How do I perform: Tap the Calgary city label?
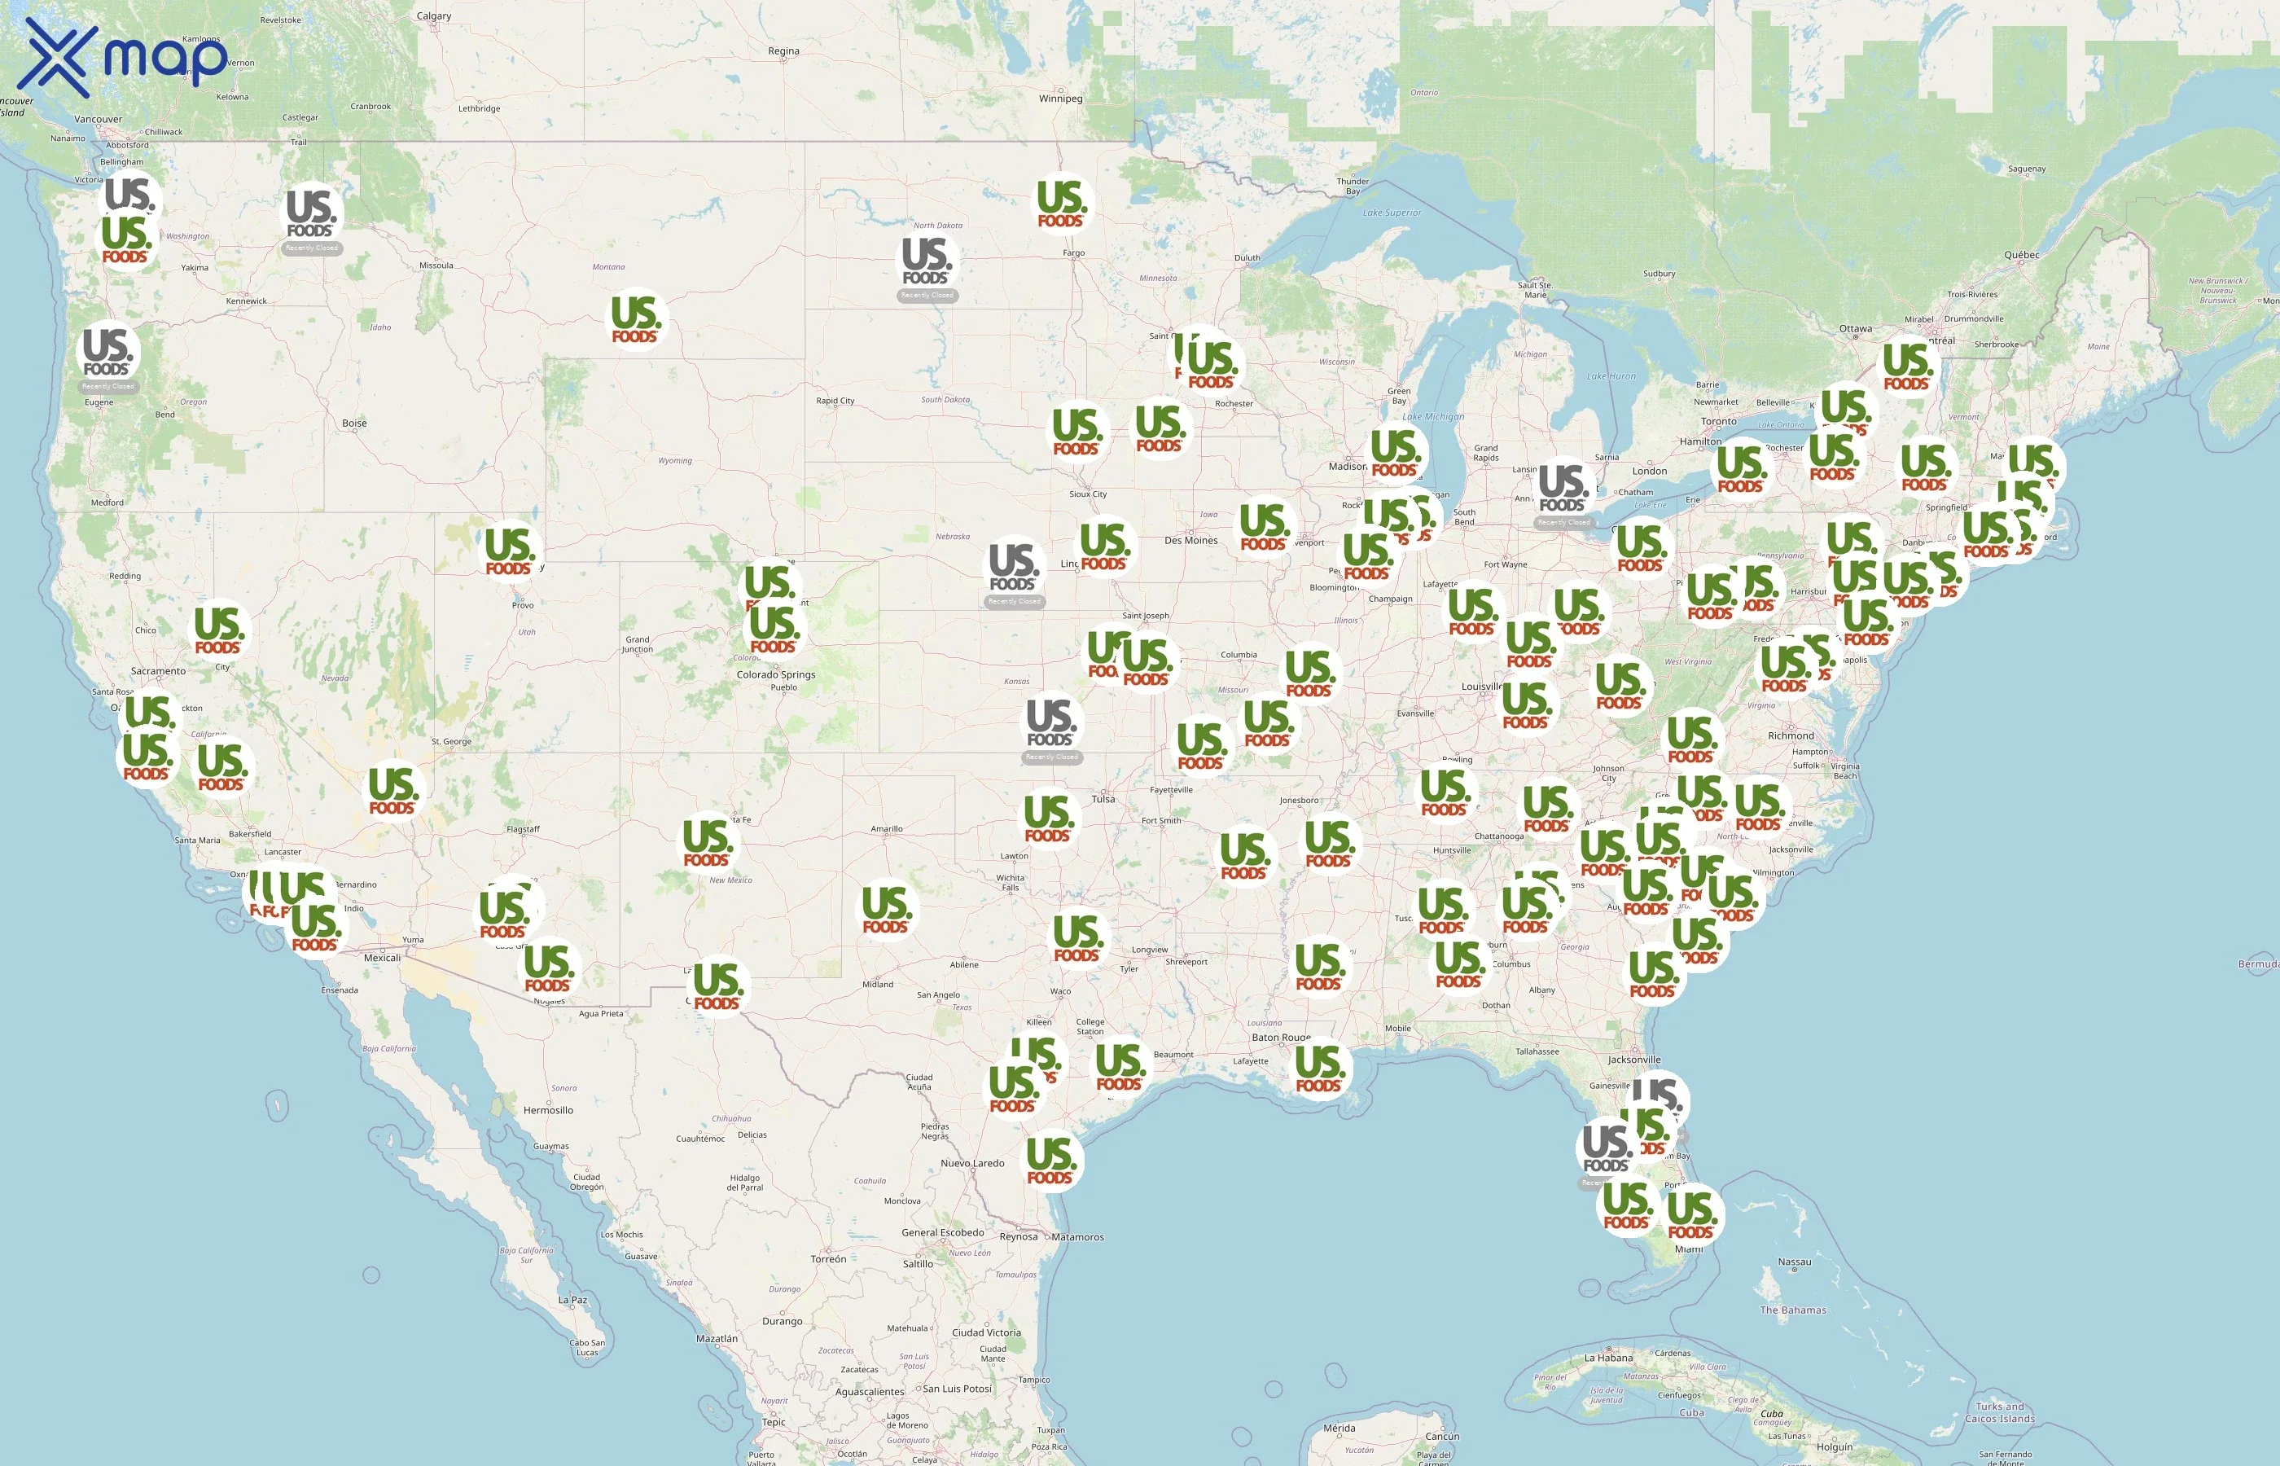[434, 16]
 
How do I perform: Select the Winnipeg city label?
[1060, 98]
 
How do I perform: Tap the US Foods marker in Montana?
[636, 319]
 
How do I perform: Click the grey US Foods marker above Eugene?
[107, 353]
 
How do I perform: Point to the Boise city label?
[354, 423]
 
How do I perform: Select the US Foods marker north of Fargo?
[1061, 204]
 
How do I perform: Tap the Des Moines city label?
[1190, 541]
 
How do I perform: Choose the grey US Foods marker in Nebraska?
[1014, 568]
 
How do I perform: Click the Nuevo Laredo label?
[971, 1163]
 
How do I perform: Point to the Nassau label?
[1794, 1262]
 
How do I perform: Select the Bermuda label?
[2257, 964]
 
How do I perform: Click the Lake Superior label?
[1392, 213]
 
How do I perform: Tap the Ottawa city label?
[1855, 328]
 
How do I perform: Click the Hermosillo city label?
[548, 1110]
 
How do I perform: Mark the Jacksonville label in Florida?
[1634, 1060]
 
